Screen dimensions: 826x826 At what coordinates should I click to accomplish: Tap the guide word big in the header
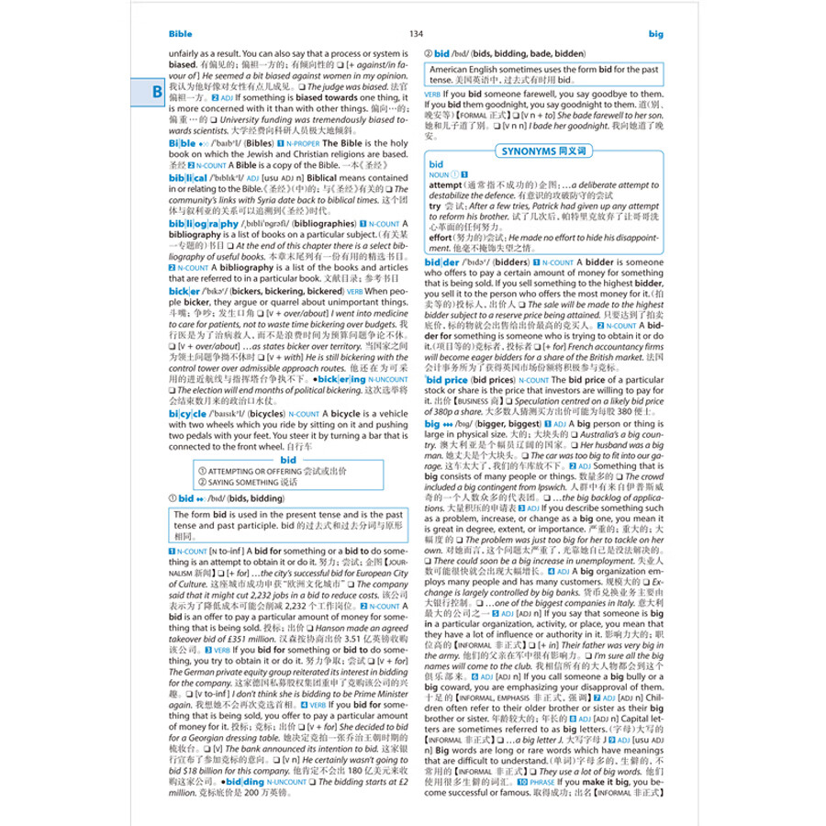point(654,34)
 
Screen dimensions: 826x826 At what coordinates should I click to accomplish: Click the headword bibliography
point(203,223)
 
